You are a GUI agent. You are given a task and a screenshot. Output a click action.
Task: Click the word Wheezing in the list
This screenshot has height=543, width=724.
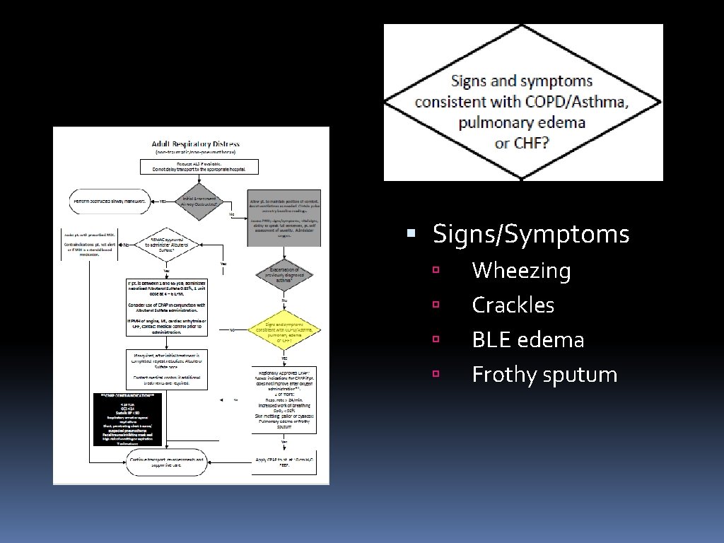[521, 271]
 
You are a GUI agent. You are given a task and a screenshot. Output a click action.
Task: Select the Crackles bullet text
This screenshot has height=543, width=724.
[513, 305]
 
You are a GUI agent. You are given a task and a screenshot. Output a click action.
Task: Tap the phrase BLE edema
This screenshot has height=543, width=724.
[527, 340]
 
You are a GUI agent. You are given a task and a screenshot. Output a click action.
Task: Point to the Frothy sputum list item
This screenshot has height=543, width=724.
[544, 375]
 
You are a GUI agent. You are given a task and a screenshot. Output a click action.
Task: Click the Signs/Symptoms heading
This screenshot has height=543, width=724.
[530, 234]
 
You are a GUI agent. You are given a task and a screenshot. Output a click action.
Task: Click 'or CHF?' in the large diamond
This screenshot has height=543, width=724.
[522, 143]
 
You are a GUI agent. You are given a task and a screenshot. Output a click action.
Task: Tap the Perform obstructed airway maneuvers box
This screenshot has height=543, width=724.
[109, 202]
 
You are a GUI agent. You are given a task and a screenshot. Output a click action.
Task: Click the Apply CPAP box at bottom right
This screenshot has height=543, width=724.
[285, 462]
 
